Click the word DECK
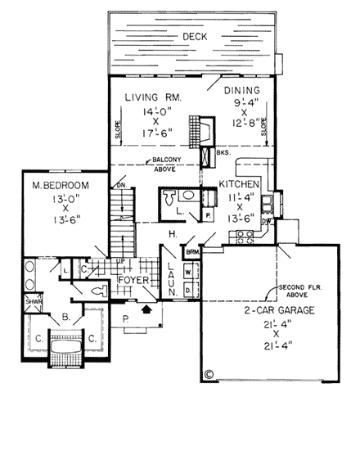194,36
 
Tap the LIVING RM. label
152,97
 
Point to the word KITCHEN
240,185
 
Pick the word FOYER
133,280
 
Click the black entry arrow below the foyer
147,309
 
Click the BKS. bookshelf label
224,152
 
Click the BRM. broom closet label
193,254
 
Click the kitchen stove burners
243,238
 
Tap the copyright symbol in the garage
209,374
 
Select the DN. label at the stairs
122,185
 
